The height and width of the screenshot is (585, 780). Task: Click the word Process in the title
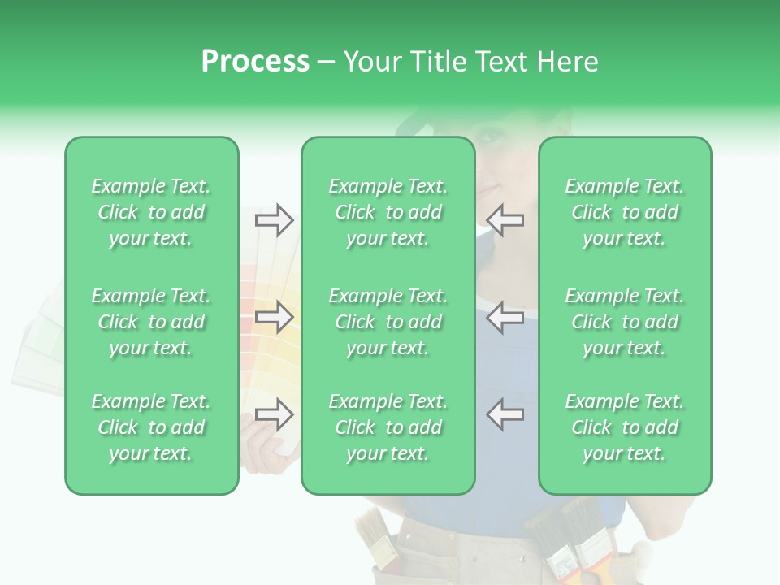[255, 62]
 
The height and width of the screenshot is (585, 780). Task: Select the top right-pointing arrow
[274, 219]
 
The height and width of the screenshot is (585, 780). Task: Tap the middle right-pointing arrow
[274, 316]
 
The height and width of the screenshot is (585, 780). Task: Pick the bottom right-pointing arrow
[274, 414]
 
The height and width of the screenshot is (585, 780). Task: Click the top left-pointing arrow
[505, 219]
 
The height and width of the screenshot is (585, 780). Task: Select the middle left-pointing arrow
[505, 316]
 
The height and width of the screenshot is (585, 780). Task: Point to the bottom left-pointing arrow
[505, 414]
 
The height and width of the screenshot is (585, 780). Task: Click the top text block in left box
[151, 212]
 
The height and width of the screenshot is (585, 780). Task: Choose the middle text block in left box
[151, 322]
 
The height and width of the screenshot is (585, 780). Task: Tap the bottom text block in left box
[151, 427]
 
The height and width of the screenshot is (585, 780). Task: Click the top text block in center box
[388, 212]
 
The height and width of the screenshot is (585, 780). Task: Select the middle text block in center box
[388, 322]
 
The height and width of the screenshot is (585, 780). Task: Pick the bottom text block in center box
[388, 427]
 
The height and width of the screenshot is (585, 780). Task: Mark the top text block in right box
[624, 212]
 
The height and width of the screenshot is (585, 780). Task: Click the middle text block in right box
[624, 322]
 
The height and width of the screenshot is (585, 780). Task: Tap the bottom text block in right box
[624, 427]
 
